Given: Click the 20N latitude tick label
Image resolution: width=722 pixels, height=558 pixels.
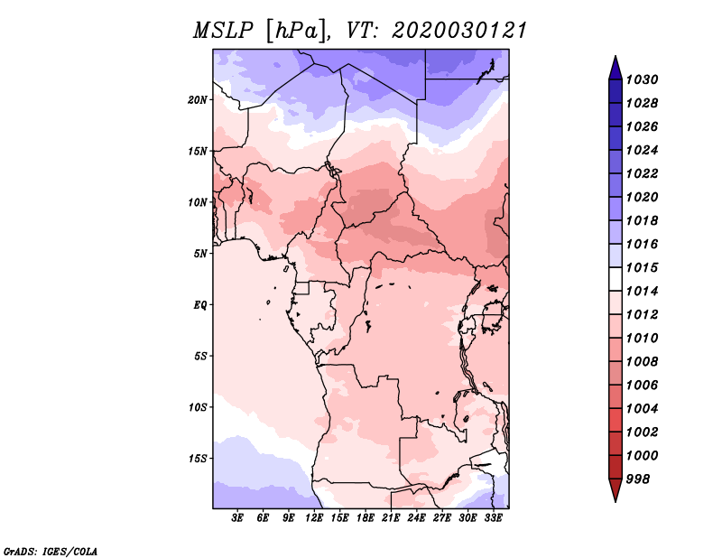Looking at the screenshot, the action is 197,100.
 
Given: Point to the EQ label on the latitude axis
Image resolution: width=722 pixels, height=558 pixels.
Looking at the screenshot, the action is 200,305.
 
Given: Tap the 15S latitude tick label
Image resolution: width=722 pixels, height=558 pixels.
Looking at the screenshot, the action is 198,459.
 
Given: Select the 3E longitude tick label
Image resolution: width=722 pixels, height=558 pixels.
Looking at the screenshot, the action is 237,518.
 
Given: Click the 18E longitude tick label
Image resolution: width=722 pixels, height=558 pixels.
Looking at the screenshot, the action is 366,518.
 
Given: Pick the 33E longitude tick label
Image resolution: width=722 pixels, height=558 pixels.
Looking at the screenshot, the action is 493,518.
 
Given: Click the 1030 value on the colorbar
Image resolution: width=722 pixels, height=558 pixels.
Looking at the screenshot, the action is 643,79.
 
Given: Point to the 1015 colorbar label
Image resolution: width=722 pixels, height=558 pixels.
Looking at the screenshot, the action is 643,267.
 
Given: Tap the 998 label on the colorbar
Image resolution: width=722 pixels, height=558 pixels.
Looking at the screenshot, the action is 638,479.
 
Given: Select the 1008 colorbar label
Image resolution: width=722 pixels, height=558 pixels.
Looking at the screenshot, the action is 643,362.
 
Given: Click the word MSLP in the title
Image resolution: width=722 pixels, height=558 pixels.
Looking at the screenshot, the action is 223,31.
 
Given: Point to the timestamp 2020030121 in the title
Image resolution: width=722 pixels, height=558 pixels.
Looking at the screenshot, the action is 459,31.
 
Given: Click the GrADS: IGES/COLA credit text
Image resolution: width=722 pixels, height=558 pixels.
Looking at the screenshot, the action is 51,552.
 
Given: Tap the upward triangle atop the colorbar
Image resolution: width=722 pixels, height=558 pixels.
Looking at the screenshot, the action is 616,69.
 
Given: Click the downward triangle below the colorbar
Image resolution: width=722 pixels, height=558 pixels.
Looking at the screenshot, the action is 616,490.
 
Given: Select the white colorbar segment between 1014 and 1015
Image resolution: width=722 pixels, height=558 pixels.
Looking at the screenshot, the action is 616,279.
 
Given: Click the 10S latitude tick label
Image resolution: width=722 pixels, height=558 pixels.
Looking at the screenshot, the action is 198,407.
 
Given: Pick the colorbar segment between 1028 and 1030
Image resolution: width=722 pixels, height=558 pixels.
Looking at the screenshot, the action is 616,92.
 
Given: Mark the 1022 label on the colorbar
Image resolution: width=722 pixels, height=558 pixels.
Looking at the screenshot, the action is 643,173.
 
